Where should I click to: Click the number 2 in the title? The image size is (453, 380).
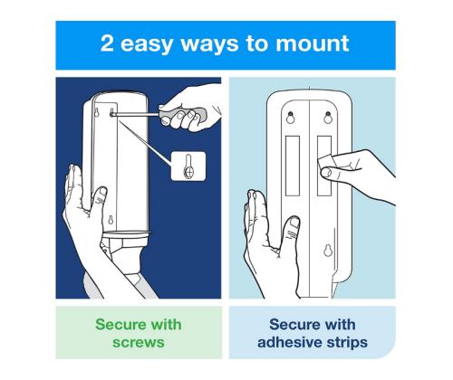(107, 43)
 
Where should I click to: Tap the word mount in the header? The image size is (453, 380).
(313, 44)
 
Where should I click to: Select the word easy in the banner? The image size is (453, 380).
(146, 45)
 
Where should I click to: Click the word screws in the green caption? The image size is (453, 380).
(139, 343)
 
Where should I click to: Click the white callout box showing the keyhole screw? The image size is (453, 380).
(188, 166)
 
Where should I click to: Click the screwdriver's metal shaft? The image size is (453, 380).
(136, 114)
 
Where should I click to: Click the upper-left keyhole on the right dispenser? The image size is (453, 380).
(290, 118)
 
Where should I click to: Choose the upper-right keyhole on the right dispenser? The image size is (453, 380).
(328, 118)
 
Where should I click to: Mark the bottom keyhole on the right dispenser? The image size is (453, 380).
(328, 251)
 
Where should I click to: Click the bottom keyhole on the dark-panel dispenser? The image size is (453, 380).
(111, 220)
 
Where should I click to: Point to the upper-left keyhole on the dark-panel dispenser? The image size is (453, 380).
(97, 113)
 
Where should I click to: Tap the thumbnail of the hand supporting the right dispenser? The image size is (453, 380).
(294, 223)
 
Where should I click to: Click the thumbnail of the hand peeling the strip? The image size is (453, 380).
(327, 173)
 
